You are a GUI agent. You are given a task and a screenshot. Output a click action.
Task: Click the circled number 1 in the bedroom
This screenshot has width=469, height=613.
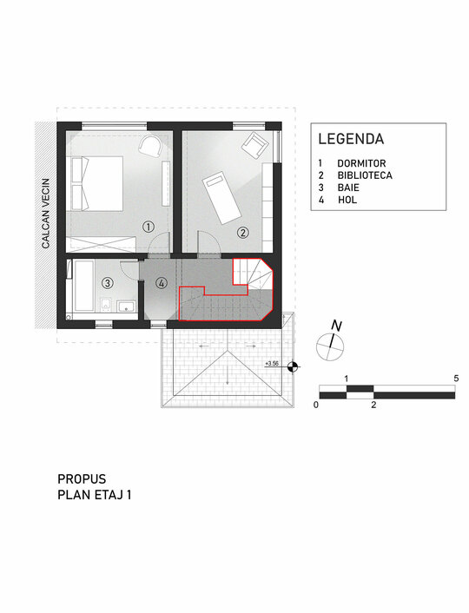point(148,227)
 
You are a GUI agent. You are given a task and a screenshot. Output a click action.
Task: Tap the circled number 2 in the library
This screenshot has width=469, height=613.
point(243,233)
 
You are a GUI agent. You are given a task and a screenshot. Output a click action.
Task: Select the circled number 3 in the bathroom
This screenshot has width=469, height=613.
point(108,283)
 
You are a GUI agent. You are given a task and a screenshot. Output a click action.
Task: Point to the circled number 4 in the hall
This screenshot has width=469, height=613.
point(162,283)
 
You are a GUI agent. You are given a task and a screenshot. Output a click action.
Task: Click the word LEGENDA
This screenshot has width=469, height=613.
point(351,139)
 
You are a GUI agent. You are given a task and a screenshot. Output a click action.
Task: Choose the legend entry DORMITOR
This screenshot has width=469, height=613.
point(361,163)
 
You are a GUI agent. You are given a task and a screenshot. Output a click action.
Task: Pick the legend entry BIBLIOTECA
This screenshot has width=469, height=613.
point(365,175)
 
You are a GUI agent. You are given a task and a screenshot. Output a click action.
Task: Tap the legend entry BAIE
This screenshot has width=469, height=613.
point(348,188)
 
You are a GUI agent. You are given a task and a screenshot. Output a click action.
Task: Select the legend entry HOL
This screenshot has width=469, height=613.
point(347,200)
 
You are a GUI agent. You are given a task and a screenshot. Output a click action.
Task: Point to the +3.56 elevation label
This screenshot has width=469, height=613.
point(272,364)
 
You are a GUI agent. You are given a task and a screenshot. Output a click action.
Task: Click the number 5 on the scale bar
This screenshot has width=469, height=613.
point(456,379)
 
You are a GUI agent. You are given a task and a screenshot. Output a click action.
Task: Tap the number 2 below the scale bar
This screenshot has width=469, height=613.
point(373,405)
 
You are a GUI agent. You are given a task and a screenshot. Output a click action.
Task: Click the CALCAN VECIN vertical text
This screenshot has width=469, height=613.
point(46,214)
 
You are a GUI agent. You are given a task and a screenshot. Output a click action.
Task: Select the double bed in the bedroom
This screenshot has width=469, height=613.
point(96,184)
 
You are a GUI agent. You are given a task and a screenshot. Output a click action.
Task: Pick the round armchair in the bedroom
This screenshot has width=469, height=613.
point(150,146)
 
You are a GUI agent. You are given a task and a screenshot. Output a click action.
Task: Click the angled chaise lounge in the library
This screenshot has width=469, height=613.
point(221,198)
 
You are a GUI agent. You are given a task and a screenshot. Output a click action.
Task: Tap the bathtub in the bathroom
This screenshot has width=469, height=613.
point(83,287)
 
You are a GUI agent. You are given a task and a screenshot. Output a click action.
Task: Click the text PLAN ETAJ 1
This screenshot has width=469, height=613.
point(95,495)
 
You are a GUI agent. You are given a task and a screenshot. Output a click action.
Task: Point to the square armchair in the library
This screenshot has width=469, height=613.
point(255,146)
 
